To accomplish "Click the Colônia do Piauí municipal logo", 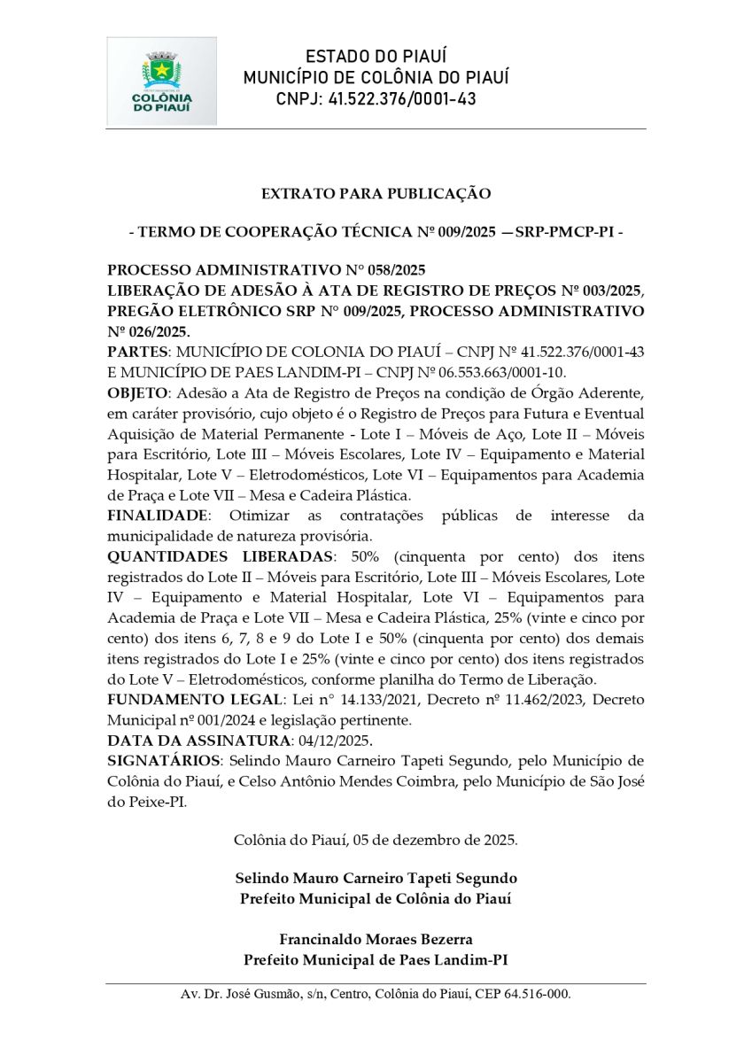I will click(x=161, y=81).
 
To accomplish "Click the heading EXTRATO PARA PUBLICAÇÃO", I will click(x=376, y=193).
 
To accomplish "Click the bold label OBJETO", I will click(x=136, y=392).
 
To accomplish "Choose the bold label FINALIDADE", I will click(x=159, y=516).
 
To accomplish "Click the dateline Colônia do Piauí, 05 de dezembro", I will click(x=376, y=839).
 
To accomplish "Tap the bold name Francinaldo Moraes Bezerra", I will click(x=376, y=939).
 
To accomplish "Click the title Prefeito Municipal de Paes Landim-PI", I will click(x=376, y=960).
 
